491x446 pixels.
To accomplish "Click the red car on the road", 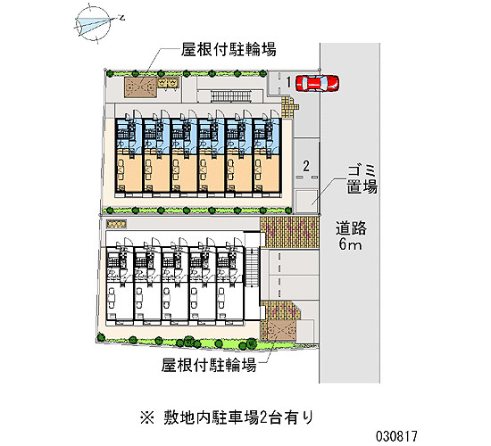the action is [x=317, y=83].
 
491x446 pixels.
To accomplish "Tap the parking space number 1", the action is [x=288, y=82].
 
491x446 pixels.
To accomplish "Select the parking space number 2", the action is [x=306, y=166].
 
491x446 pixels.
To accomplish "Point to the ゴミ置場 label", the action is [x=362, y=179].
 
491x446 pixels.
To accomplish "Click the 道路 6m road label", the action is [x=351, y=235].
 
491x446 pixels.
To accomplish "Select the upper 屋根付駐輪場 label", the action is [x=229, y=49].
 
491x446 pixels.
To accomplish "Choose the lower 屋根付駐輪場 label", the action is [x=209, y=365].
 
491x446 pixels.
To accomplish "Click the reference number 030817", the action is [x=396, y=435].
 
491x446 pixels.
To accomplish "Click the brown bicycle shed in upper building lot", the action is [x=140, y=87].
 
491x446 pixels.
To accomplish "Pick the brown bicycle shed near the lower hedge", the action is [x=279, y=329].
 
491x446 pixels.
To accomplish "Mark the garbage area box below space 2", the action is [x=306, y=201].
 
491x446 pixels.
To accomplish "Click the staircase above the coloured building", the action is [x=231, y=95].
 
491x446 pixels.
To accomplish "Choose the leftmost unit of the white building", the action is [x=119, y=284].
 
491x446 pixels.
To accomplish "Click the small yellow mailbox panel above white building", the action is [x=116, y=224].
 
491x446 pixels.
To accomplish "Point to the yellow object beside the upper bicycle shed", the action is [x=168, y=82].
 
